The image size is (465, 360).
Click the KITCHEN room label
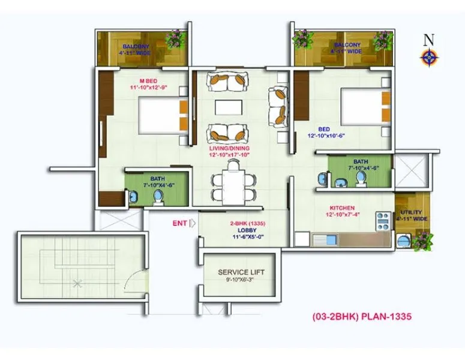[x=342, y=208]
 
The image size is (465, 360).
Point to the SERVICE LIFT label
[x=241, y=272]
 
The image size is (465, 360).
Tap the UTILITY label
[x=412, y=212]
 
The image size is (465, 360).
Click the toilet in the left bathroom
[x=158, y=196]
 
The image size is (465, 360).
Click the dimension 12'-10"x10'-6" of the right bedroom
[x=326, y=136]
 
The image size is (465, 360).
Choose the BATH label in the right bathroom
[x=361, y=161]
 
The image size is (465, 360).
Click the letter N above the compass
[x=428, y=40]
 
